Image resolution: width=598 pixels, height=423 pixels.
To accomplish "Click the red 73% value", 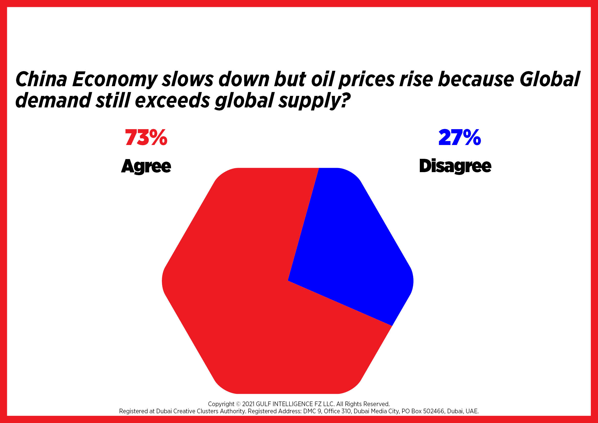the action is tap(146, 137).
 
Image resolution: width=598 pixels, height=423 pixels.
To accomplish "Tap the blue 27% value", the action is tap(460, 137).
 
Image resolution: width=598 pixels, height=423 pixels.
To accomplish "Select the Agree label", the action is tap(146, 166).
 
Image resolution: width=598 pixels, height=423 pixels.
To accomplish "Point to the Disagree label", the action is tap(455, 166).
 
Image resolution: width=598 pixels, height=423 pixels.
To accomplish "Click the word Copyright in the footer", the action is tap(221, 404).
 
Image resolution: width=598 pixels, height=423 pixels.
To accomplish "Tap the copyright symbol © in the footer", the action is tap(238, 404).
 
